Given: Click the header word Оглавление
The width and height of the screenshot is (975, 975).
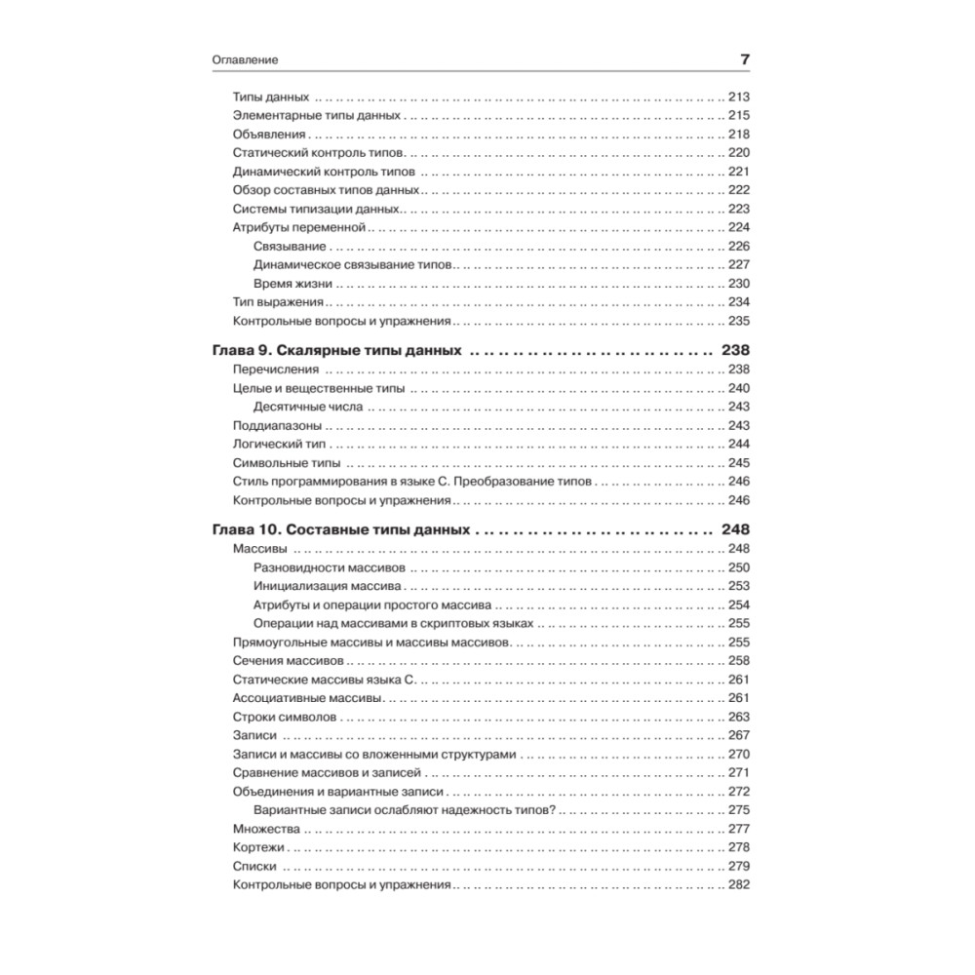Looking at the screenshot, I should pos(246,59).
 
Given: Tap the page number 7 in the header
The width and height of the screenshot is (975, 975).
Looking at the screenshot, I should pos(744,59).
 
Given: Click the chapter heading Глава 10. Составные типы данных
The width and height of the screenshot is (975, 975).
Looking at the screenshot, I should pos(340,530).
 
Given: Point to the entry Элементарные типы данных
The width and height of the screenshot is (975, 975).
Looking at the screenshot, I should pos(317,115).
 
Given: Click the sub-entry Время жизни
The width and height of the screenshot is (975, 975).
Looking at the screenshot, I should pos(292,284).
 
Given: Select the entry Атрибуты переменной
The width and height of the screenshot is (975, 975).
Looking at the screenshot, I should pos(298,227).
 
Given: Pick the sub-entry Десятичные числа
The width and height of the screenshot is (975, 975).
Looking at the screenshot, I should pos(307,407).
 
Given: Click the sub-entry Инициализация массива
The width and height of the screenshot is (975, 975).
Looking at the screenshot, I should pos(327,586).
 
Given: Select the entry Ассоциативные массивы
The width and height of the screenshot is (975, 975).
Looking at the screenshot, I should pos(305,698).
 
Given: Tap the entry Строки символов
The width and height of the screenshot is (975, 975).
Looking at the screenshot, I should pos(285,717).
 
